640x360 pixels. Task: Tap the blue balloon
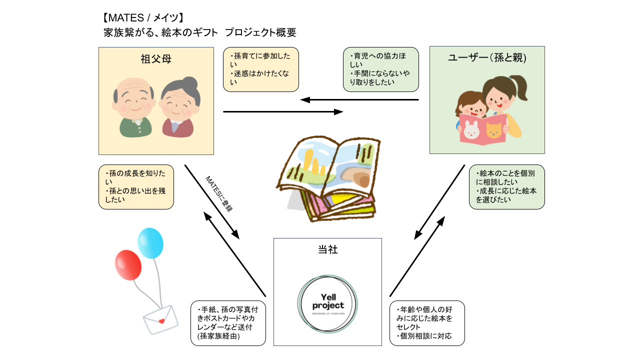tap(150, 243)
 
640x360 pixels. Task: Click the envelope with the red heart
tap(160, 319)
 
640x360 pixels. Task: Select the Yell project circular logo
tap(327, 305)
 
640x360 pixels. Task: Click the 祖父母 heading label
tap(156, 59)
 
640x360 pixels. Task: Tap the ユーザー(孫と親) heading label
tap(487, 58)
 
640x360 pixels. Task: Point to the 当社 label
tap(327, 249)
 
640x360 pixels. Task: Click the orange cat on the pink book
tap(494, 131)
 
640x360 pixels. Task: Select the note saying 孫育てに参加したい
tap(260, 69)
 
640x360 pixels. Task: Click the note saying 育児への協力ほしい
tap(380, 69)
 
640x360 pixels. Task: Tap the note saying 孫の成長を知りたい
tap(136, 186)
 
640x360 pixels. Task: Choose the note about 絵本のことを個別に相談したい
tap(506, 186)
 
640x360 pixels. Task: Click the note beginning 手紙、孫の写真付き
tap(228, 323)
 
